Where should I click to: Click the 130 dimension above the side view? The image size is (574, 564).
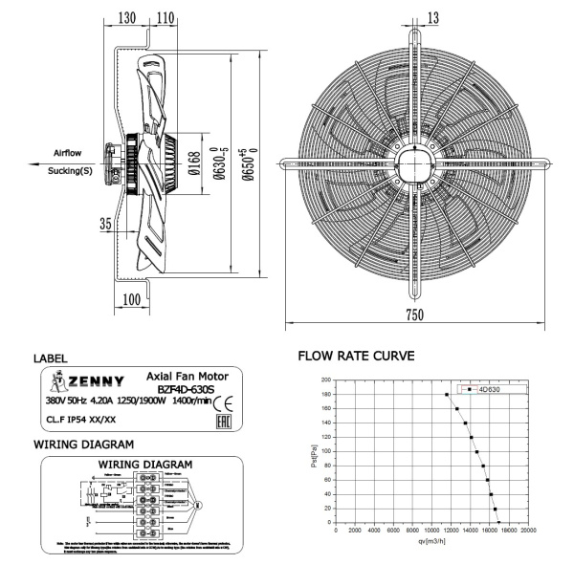pos(127,17)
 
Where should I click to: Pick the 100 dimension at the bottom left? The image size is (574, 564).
pos(131,299)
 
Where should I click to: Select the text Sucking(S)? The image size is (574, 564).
pos(71,172)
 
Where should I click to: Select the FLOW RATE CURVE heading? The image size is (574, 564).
pos(357,358)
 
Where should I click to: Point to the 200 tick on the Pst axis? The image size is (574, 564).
pos(326,380)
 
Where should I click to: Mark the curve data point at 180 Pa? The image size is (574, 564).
pos(446,394)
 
